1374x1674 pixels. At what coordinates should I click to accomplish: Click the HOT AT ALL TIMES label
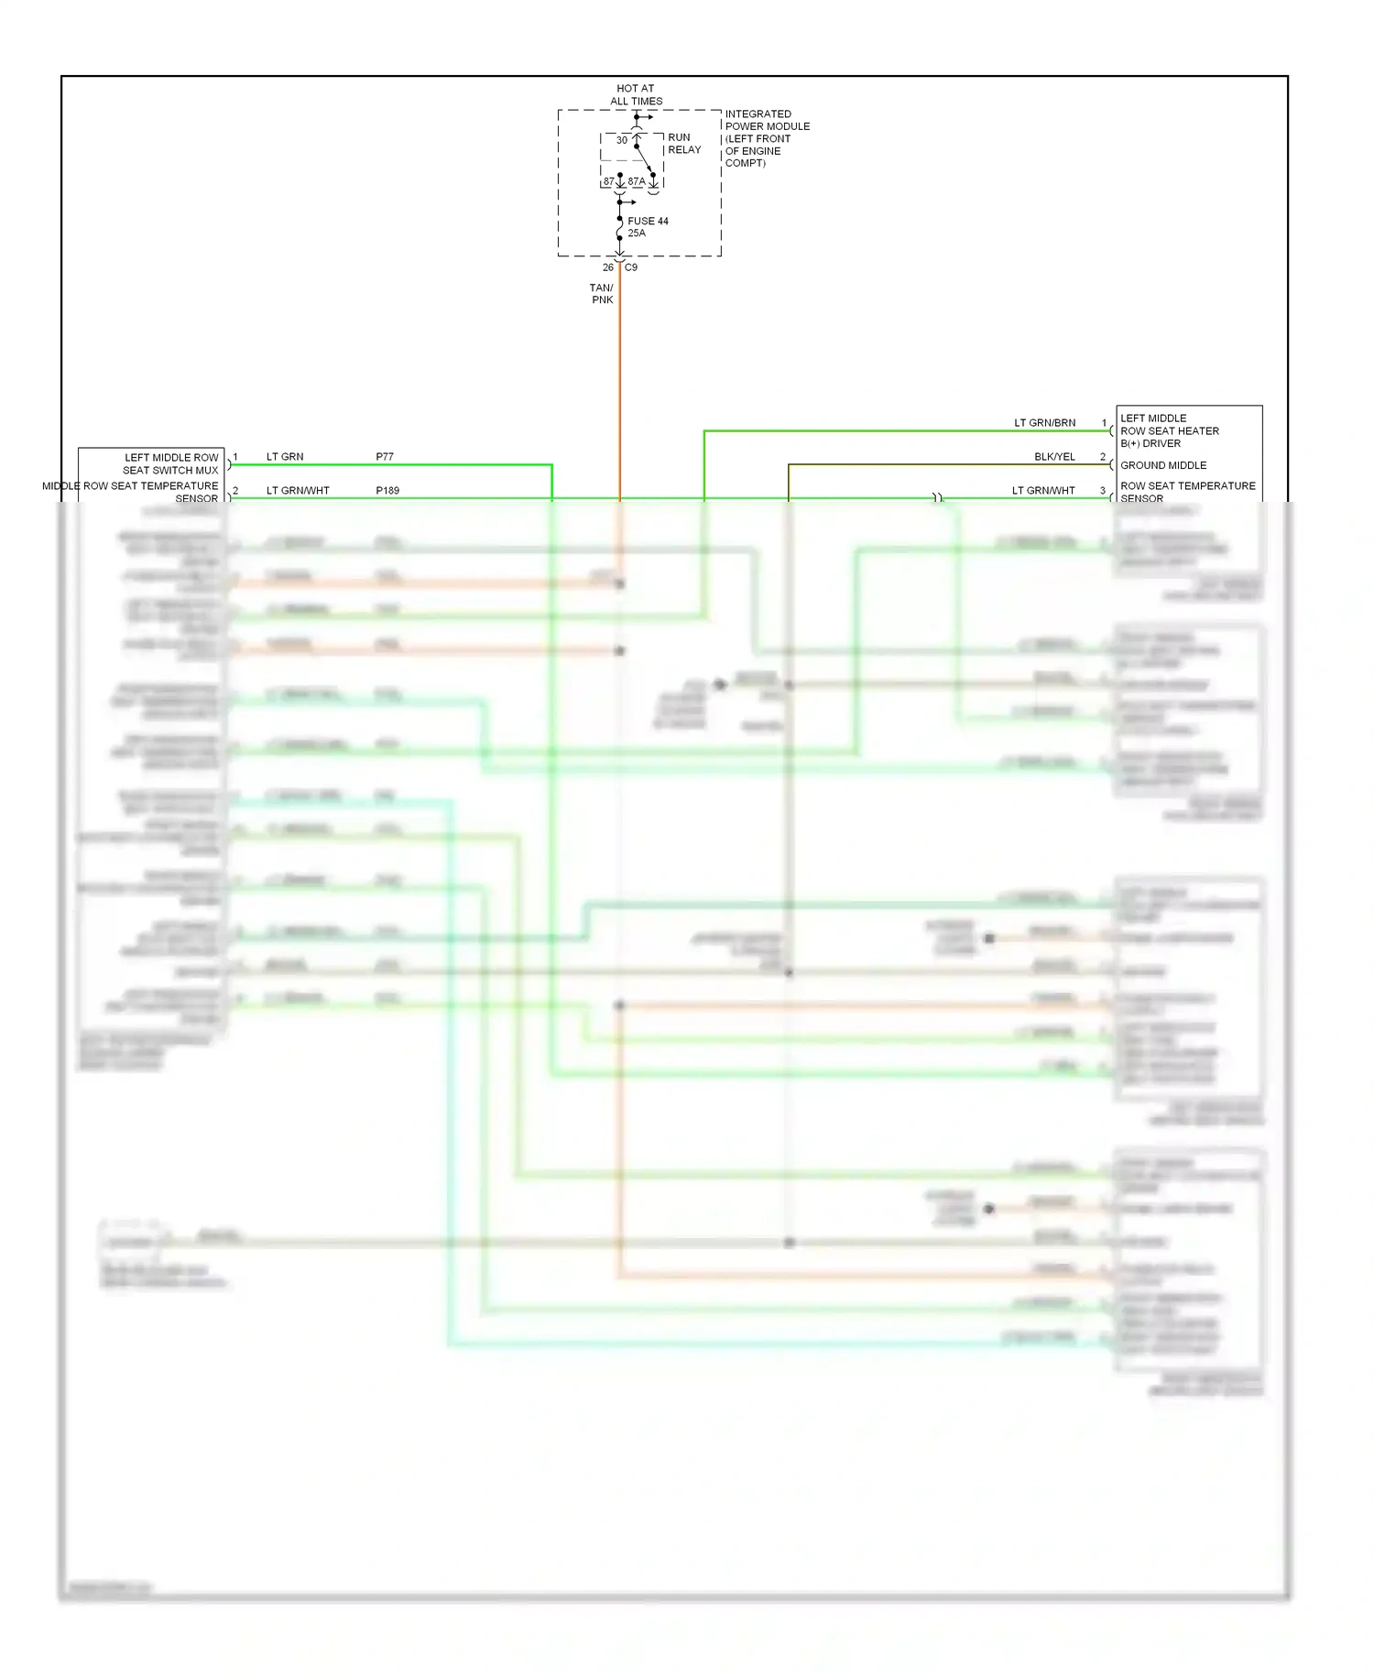(x=636, y=95)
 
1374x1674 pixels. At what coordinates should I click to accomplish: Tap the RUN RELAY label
(x=683, y=144)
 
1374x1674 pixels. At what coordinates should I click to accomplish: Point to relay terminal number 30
(x=622, y=140)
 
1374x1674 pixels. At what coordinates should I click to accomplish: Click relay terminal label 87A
(x=637, y=181)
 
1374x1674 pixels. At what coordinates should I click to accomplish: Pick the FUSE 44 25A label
(x=648, y=227)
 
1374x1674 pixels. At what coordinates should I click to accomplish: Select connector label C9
(x=631, y=267)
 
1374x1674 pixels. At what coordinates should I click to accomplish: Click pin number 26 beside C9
(x=608, y=267)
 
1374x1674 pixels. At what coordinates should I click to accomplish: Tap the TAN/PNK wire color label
(x=602, y=294)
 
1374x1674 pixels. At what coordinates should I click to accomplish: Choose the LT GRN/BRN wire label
(x=1044, y=423)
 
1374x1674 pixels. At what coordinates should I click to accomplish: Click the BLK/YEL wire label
(x=1054, y=457)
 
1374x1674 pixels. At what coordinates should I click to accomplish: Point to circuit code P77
(x=385, y=457)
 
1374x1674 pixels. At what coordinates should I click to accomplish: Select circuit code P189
(x=387, y=491)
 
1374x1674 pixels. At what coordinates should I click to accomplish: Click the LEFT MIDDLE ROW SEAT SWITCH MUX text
(x=171, y=463)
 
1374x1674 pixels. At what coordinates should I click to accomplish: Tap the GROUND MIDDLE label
(x=1163, y=465)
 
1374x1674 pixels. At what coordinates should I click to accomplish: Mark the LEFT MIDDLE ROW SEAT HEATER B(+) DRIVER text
(x=1169, y=430)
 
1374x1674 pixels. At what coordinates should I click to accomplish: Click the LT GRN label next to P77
(x=285, y=457)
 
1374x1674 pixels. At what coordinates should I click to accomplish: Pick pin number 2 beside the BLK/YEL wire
(x=1103, y=457)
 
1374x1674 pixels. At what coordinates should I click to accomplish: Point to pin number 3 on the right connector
(x=1103, y=491)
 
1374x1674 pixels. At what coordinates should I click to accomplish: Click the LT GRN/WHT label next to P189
(x=298, y=491)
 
